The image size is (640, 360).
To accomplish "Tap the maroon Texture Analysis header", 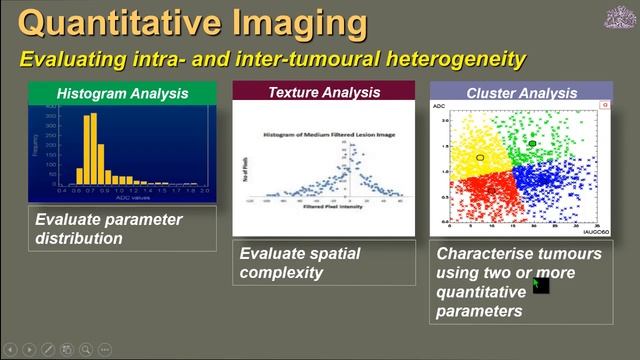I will [x=323, y=92].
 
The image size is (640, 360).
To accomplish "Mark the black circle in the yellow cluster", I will [x=481, y=158].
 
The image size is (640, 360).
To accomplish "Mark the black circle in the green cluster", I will [x=532, y=144].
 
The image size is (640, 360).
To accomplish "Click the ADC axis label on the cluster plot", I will [x=438, y=104].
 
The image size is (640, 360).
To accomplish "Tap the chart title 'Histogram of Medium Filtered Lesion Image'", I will [x=322, y=133].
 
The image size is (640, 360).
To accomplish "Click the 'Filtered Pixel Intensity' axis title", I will [x=322, y=208].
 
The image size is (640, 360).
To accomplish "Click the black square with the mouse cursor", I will [x=541, y=286].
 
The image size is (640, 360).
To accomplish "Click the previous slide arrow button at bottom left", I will [x=11, y=349].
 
